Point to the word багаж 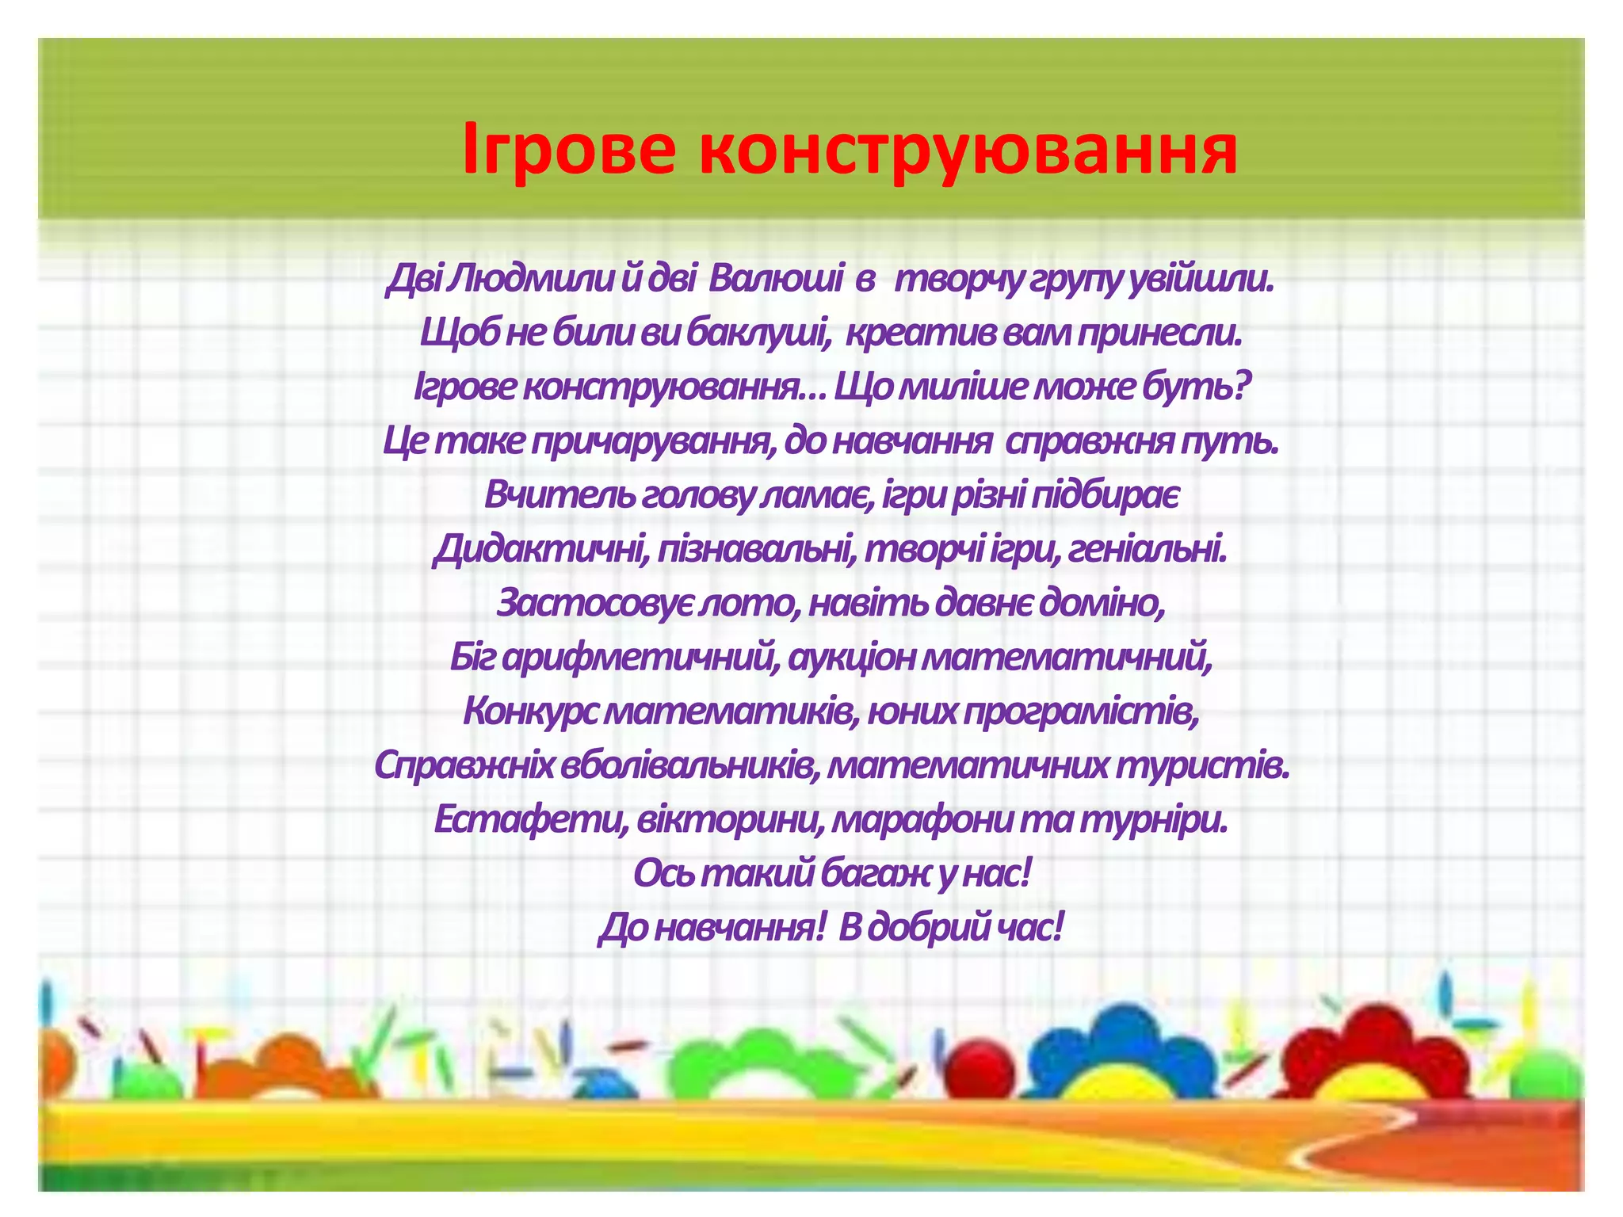pos(868,873)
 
